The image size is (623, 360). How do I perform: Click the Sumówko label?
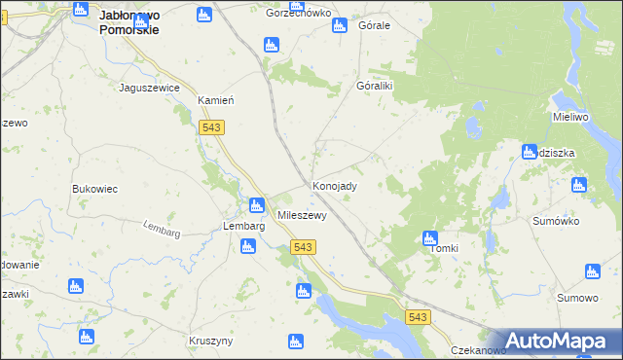click(556, 221)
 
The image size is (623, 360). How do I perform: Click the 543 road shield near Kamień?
click(211, 127)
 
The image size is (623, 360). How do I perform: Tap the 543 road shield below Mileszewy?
click(302, 248)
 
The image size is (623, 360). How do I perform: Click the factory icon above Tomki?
click(430, 237)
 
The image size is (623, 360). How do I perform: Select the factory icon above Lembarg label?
click(256, 205)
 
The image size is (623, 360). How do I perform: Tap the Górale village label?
click(374, 25)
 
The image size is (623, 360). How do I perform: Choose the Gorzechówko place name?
click(299, 14)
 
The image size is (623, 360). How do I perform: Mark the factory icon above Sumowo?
click(592, 271)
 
